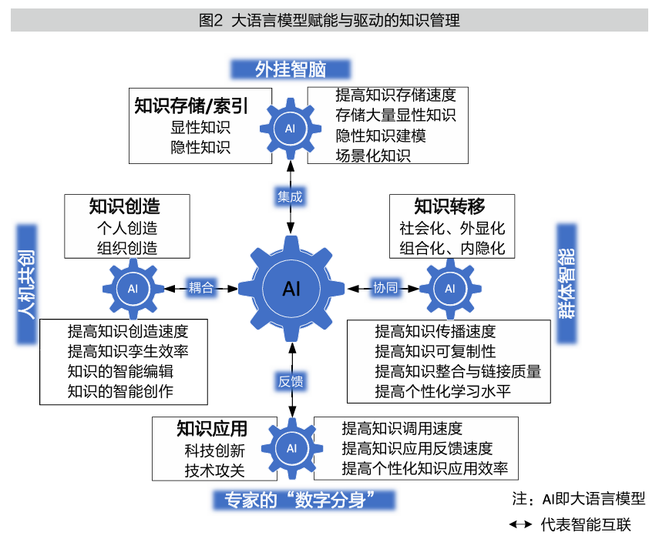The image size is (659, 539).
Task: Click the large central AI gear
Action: click(x=291, y=289)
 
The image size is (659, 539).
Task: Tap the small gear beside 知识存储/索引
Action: click(x=290, y=128)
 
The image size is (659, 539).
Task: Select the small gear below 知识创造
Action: click(x=133, y=289)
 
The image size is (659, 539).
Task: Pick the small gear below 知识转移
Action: click(x=450, y=289)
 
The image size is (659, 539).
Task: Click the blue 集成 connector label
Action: click(x=291, y=196)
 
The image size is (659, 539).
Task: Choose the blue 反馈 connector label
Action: click(x=291, y=381)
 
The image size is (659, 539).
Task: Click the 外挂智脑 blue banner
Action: click(x=291, y=69)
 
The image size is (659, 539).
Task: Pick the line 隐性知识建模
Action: click(x=381, y=136)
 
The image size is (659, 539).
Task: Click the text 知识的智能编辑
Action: click(x=120, y=371)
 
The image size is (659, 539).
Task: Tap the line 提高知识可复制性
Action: click(x=435, y=352)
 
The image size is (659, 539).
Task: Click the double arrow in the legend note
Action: click(x=522, y=526)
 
